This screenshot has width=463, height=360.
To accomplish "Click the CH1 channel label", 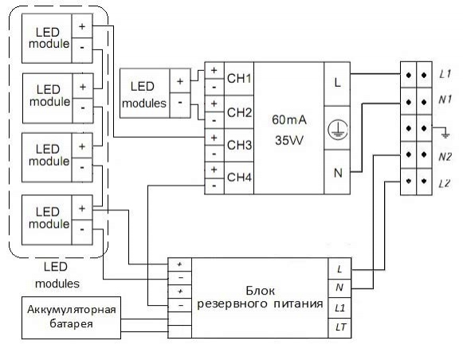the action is [239, 79].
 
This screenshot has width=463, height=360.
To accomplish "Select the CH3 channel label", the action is [239, 145].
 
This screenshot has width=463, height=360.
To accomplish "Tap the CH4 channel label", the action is [239, 177].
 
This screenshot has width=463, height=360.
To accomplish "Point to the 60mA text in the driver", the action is [289, 119].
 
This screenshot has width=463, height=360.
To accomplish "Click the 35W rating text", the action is [289, 140].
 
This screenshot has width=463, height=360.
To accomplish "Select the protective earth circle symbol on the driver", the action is [338, 129].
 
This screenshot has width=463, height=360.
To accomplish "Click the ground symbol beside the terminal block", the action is [445, 135].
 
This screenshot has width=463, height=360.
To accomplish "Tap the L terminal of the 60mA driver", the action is [337, 84].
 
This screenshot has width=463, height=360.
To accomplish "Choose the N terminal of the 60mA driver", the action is [337, 172].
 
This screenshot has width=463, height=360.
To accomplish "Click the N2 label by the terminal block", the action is [445, 156].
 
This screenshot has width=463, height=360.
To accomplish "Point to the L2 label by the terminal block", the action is [444, 183].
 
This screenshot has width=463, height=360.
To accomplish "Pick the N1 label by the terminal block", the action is [445, 100].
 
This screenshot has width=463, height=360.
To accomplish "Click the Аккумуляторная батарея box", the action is [71, 318].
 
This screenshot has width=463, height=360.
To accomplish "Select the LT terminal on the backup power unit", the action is [339, 327].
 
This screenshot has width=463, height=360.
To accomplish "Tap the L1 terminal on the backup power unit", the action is [339, 308].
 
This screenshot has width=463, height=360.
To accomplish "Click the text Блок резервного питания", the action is [260, 297].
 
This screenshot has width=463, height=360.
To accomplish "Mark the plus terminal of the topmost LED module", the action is [82, 26].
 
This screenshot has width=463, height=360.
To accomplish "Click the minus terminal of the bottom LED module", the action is [82, 233].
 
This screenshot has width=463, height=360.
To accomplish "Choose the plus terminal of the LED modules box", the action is [180, 81].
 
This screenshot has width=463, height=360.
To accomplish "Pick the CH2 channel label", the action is [239, 112].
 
